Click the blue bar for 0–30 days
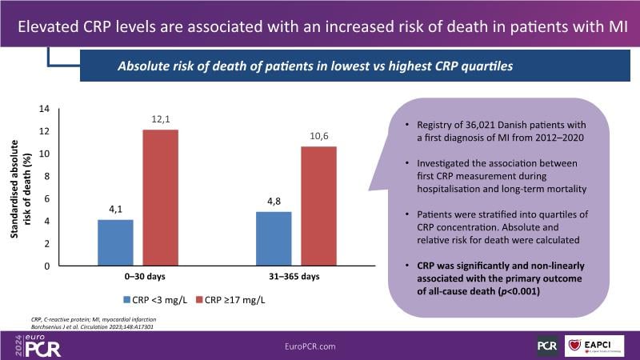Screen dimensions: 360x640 click(x=116, y=242)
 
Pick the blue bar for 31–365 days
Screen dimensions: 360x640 click(x=274, y=238)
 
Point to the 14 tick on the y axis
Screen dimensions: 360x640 click(x=44, y=109)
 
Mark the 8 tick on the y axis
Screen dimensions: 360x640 click(x=46, y=176)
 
